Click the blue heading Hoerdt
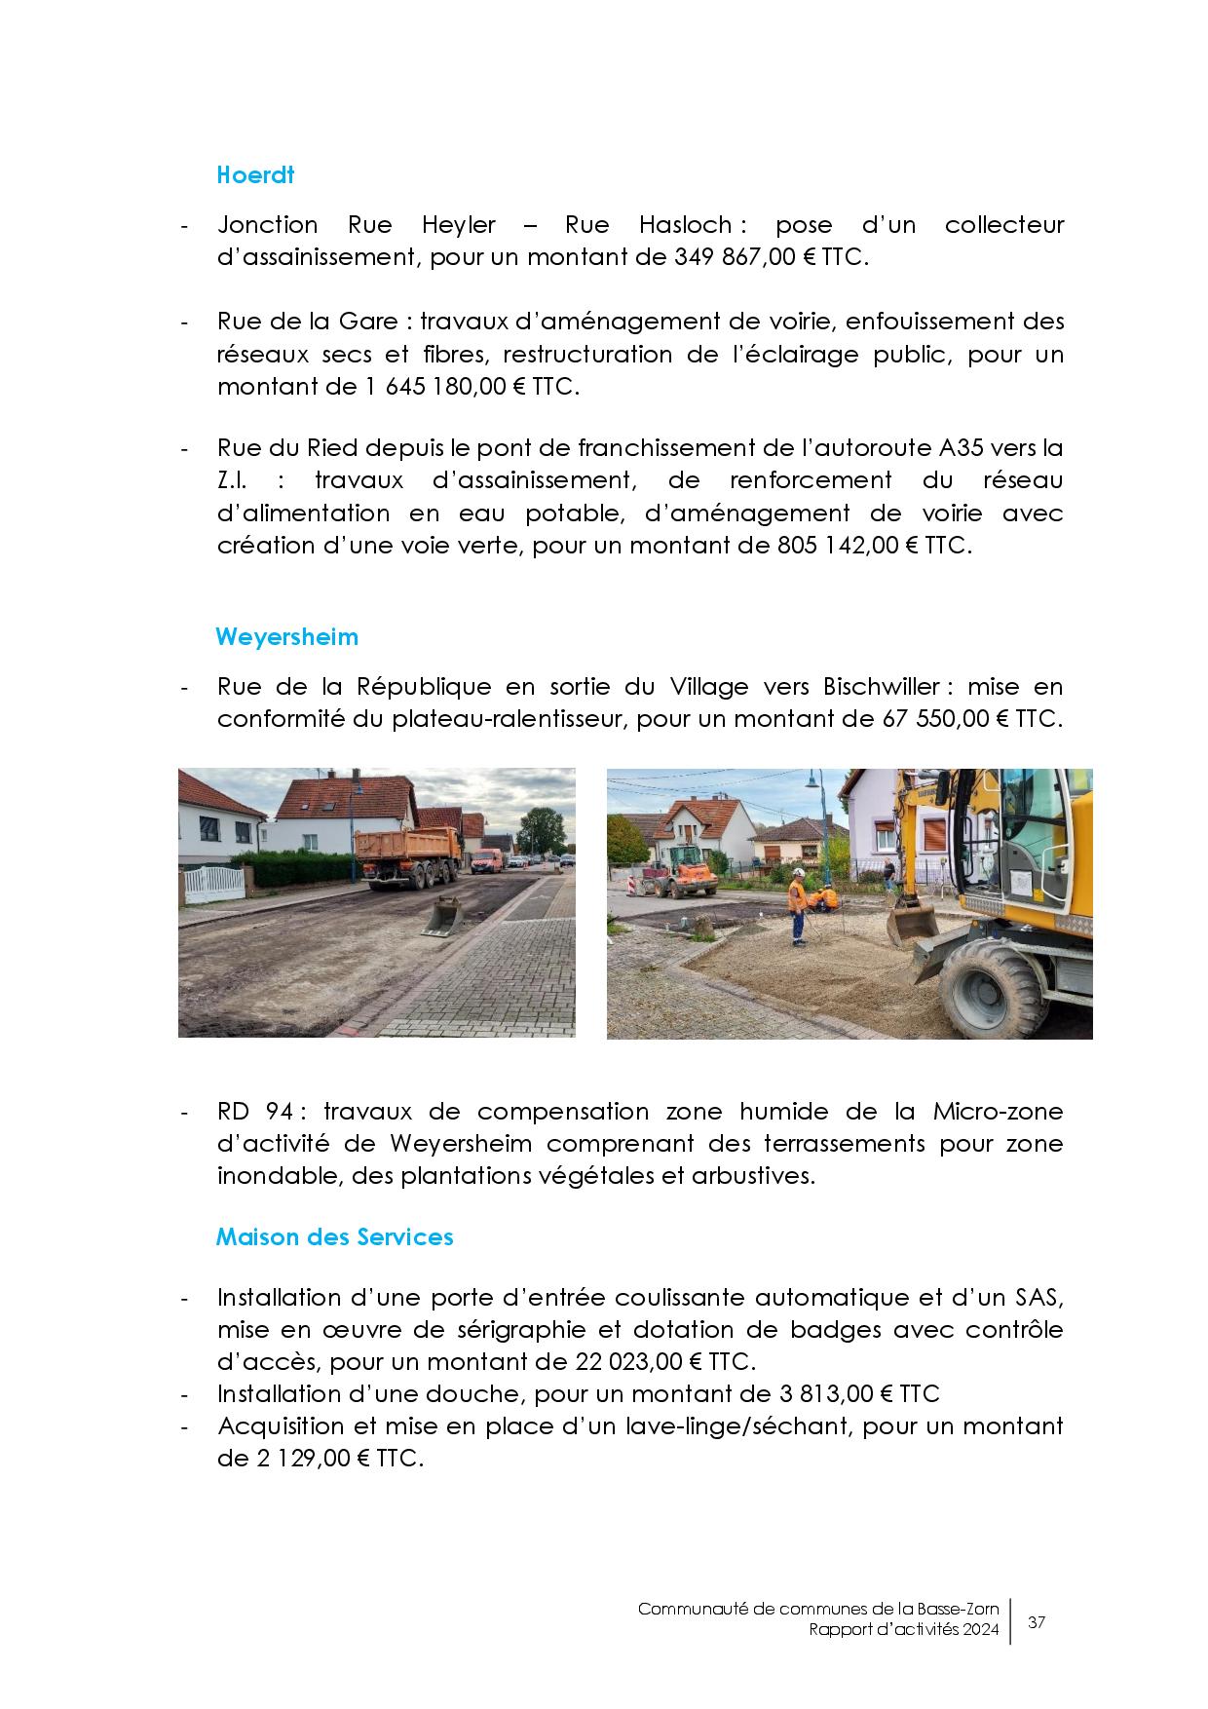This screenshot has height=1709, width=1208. [x=255, y=175]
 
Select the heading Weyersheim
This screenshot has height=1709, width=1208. [x=286, y=637]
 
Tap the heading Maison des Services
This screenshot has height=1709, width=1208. [x=334, y=1236]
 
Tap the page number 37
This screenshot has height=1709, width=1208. [x=1037, y=1623]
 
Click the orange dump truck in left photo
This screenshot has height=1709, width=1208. [x=405, y=855]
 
